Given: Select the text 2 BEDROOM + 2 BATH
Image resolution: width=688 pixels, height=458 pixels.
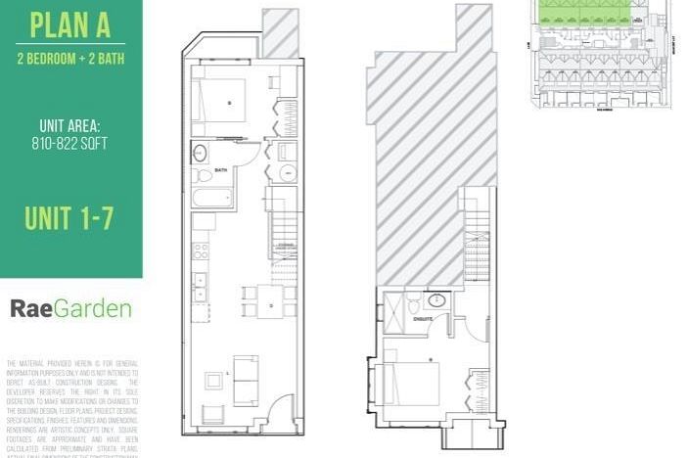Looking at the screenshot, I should [x=69, y=58].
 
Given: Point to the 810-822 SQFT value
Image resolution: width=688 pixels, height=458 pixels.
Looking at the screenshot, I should [x=69, y=143].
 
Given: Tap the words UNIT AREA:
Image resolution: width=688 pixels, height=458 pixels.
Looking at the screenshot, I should [x=69, y=126].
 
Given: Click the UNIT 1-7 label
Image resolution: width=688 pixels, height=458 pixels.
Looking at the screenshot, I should [x=69, y=217].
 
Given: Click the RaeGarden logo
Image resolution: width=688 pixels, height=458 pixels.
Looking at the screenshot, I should [x=70, y=309].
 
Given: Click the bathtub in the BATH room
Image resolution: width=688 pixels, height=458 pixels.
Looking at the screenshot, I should [x=211, y=198].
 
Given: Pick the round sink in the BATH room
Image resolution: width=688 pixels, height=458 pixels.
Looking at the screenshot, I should [x=200, y=153].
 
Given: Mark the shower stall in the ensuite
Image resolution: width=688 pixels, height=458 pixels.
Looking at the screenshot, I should [x=391, y=304].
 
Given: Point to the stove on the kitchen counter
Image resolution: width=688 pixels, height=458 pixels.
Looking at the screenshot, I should [x=200, y=252].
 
